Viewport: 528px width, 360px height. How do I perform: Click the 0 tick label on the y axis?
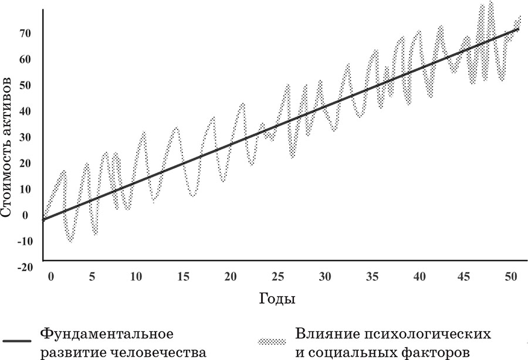[x=25, y=215]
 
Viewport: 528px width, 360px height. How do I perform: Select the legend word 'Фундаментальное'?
[x=106, y=334]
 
